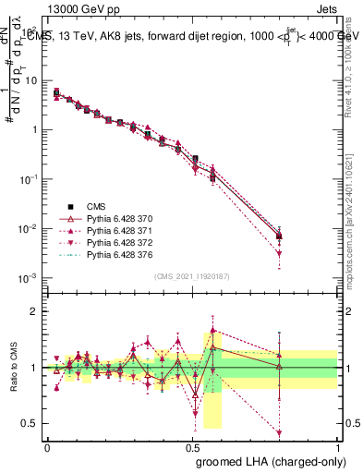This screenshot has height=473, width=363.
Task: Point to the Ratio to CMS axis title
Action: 15,367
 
